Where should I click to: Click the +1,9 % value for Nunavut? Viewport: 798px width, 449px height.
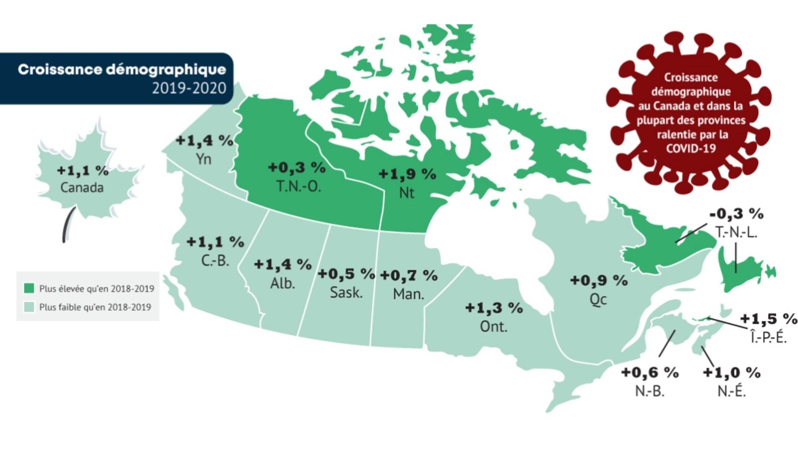coord(407,174)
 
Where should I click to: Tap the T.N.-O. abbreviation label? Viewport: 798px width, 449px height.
coord(298,186)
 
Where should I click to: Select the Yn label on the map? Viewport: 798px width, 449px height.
coord(203,159)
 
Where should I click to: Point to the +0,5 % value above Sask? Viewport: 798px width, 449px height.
coord(346,274)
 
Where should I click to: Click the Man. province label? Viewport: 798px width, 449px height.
coord(408,294)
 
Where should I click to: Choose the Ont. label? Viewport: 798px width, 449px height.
coord(493,326)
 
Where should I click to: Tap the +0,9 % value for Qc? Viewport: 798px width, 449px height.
coord(598,280)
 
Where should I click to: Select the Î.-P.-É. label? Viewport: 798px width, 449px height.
coord(768,338)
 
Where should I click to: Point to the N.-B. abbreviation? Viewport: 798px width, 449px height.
coord(649,391)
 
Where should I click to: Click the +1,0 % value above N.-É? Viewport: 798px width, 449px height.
coord(731,373)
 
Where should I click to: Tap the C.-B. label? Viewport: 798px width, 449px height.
coord(215,260)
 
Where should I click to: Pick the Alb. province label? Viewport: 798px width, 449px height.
coord(282,283)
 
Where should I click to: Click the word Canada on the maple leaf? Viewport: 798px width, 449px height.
coord(82,188)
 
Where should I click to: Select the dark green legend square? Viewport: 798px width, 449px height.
coord(29,288)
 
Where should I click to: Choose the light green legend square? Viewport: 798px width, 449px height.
coord(29,307)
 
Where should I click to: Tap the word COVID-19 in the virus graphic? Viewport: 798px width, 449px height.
coord(691,148)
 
